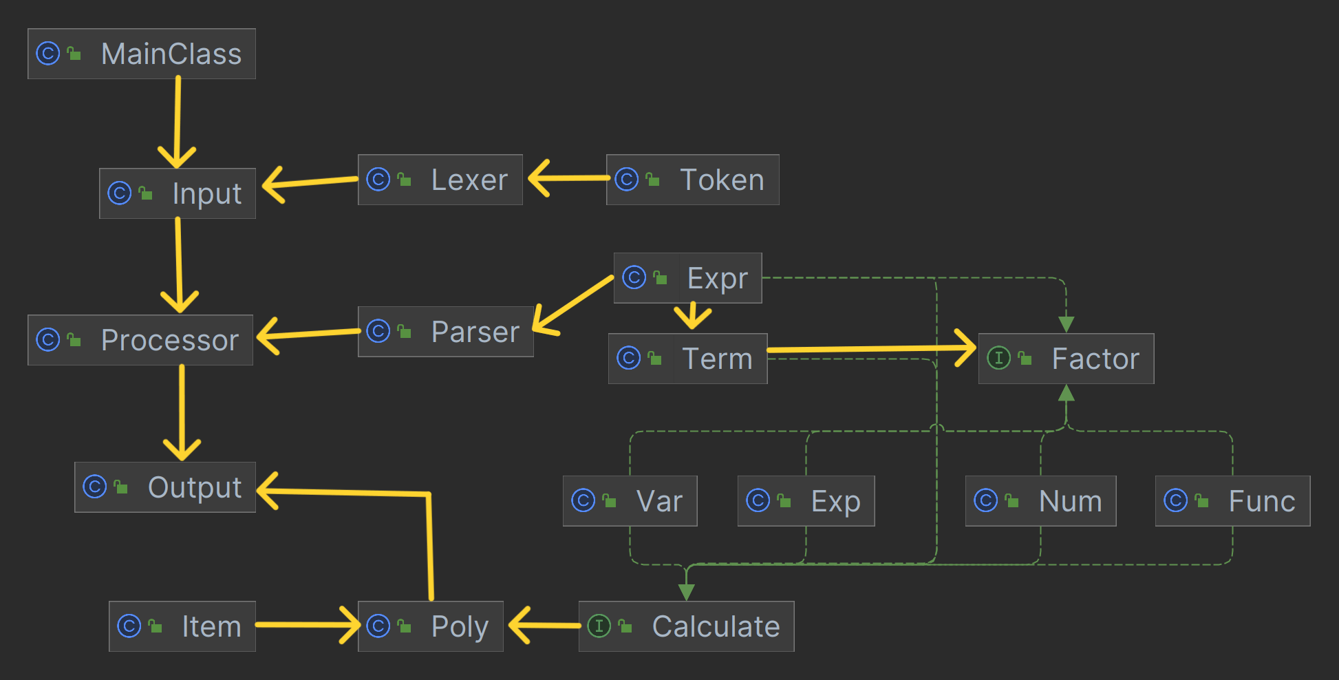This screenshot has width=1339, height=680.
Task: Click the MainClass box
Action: [142, 54]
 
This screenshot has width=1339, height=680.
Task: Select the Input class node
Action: [178, 193]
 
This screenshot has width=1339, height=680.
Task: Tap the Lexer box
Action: [440, 180]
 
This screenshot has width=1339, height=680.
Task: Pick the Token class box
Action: [693, 180]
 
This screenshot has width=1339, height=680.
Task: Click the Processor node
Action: [140, 340]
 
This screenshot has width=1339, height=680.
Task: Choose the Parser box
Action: [446, 332]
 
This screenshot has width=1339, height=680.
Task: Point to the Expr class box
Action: [688, 278]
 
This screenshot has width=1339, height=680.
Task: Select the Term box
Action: [688, 359]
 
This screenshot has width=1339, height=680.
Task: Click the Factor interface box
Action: [1067, 359]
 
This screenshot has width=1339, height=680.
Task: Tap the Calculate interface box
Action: [687, 626]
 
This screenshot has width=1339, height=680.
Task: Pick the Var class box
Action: [630, 501]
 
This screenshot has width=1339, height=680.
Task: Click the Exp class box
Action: [806, 501]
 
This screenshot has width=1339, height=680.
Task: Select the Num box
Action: [1041, 501]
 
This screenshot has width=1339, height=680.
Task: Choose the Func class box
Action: [1233, 501]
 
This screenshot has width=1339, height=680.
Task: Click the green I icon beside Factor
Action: [998, 358]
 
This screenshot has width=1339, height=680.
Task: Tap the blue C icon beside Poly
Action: [378, 626]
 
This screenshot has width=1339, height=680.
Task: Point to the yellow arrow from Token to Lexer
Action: [568, 178]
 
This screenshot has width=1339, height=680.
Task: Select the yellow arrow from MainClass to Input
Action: [178, 123]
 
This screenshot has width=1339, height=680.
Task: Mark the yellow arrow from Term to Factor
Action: [872, 349]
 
